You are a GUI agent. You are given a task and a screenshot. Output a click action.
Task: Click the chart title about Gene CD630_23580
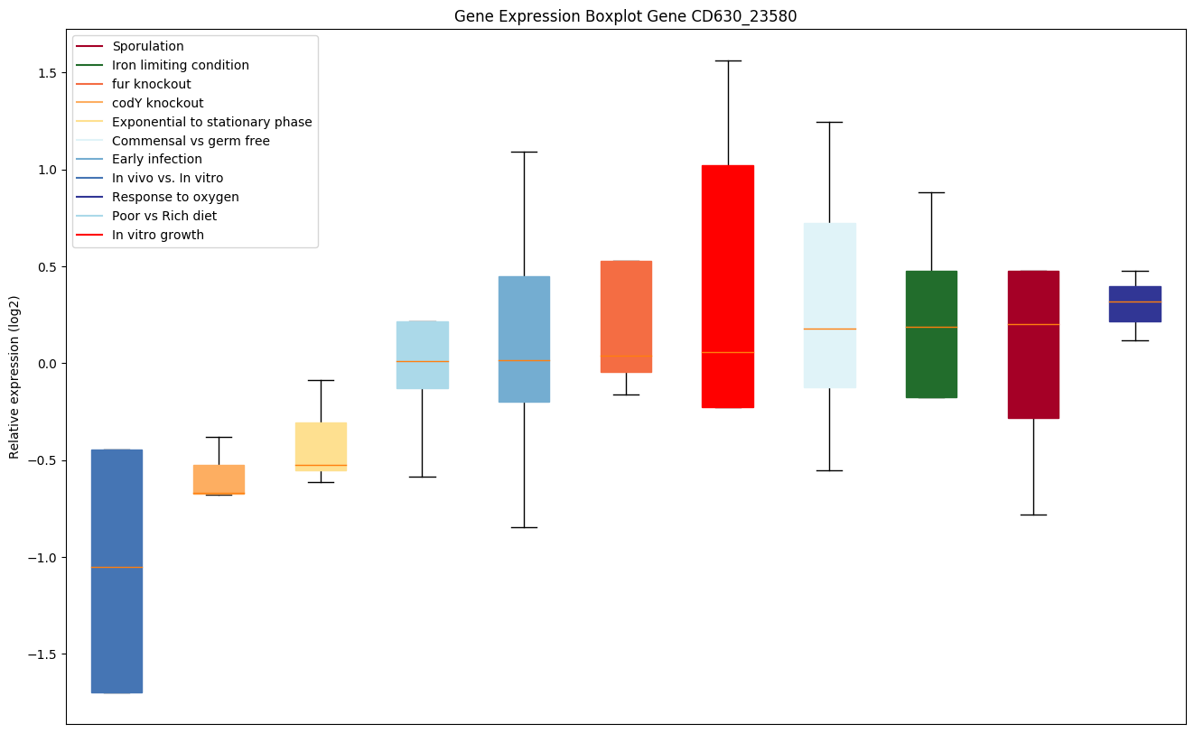tap(625, 16)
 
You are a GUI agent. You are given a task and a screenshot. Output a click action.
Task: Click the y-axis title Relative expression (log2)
tap(14, 377)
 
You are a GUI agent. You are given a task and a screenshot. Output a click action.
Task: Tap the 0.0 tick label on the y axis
tap(47, 364)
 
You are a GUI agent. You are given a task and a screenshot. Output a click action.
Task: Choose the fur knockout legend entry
tap(151, 84)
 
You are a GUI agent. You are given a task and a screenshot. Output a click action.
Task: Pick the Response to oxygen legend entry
tap(175, 197)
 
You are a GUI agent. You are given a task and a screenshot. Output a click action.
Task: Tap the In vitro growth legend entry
tap(157, 235)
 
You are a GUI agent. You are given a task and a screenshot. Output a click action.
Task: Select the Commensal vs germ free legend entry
tap(191, 141)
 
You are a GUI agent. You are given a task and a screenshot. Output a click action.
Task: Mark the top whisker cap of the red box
tap(728, 60)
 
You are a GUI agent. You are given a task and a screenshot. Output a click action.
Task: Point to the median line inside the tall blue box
tap(117, 567)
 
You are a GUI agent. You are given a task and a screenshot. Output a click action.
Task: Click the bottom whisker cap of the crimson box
tap(1033, 515)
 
